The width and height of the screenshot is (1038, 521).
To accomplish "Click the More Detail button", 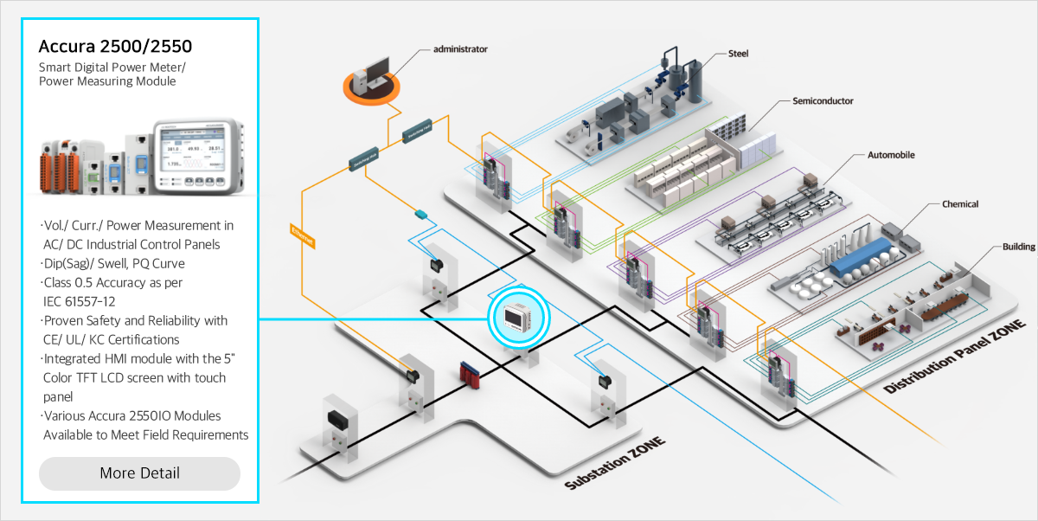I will point(139,473).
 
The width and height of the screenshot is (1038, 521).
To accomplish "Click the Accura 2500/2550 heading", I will point(115,46).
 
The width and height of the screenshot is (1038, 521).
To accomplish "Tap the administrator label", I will point(460,49).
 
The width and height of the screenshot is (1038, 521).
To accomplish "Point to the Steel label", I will point(738,54).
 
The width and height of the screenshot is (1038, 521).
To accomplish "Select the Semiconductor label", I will point(823,101).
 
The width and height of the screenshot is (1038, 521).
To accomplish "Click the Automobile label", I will point(891,156).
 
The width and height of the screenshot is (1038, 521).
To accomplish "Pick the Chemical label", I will point(960,204).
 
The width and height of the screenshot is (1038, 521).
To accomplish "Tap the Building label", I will point(1019,247).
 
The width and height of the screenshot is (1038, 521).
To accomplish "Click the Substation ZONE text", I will point(615,464).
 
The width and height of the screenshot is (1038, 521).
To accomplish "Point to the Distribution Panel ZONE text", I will point(954,357).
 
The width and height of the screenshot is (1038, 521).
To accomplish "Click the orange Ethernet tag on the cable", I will point(302,236).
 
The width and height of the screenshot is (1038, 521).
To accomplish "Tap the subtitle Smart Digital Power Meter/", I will point(112,67).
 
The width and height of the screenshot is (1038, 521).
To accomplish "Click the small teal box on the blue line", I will point(421,213).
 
